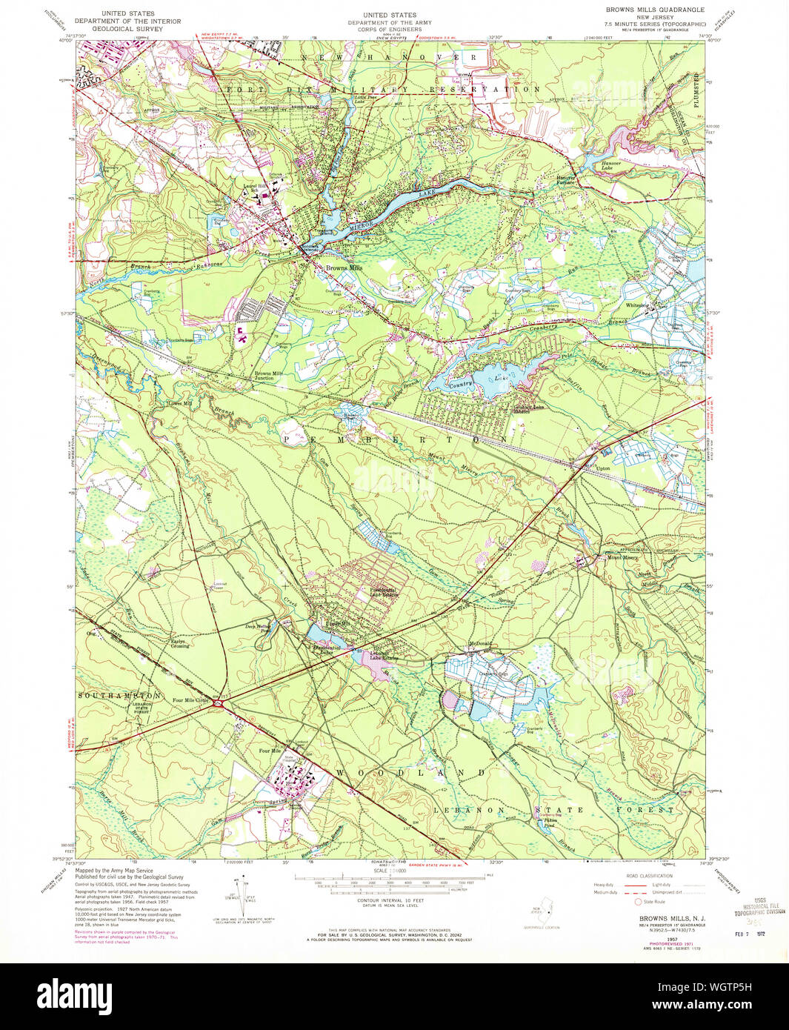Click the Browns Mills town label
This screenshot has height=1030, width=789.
[x=344, y=268]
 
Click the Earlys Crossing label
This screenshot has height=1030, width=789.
[x=180, y=643]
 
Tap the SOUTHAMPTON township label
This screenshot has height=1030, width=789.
[x=119, y=697]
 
